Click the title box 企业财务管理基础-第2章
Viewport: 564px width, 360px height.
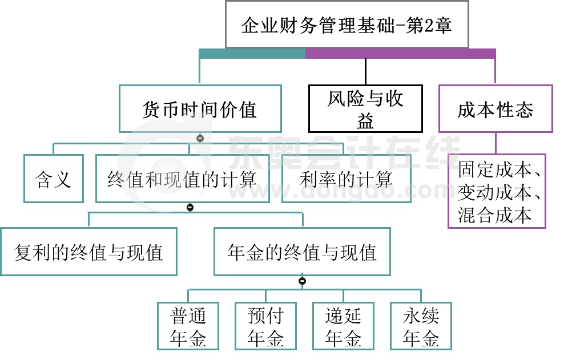click(347, 25)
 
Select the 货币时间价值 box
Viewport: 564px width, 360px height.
click(200, 109)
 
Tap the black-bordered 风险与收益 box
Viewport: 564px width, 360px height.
click(365, 109)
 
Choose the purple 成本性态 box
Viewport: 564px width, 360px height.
click(495, 109)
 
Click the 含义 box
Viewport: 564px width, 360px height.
click(54, 179)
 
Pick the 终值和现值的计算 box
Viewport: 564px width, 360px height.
click(182, 179)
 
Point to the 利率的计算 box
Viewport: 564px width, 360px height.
click(346, 179)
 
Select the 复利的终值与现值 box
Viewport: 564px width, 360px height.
click(88, 252)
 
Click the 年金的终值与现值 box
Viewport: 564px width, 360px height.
click(302, 252)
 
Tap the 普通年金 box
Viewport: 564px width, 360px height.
click(188, 326)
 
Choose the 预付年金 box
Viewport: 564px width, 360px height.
click(265, 326)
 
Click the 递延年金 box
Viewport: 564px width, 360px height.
click(343, 326)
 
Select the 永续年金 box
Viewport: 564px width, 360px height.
click(421, 326)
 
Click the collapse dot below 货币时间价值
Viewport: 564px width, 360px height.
click(200, 138)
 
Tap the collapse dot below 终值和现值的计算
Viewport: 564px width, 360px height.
click(190, 208)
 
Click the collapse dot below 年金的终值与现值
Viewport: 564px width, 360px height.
click(302, 281)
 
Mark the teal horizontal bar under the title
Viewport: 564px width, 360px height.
click(252, 54)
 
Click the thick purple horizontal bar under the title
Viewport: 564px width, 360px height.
click(400, 54)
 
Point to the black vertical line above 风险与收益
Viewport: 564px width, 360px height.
click(365, 71)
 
